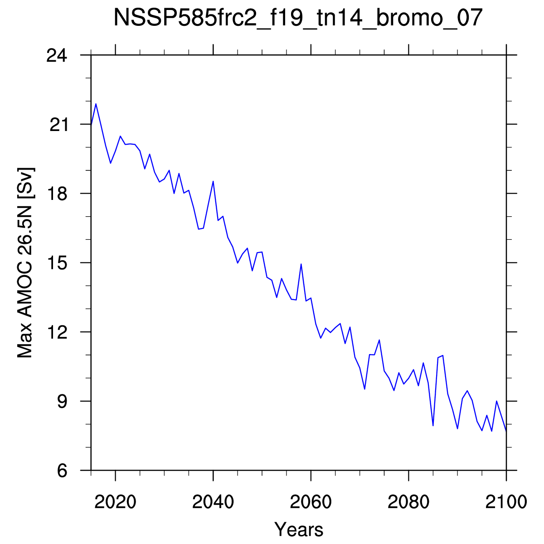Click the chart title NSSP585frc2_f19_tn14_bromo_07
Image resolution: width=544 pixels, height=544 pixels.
[x=298, y=17]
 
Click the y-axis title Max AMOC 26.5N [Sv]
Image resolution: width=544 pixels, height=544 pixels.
[x=25, y=263]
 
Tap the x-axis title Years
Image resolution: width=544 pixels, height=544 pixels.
[x=299, y=529]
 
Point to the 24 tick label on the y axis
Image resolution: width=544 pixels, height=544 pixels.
[x=57, y=55]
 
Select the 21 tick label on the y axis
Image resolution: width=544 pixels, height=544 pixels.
[x=59, y=125]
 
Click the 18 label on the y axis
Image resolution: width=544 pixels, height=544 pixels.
[x=58, y=194]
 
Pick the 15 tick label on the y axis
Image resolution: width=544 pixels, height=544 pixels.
[x=58, y=263]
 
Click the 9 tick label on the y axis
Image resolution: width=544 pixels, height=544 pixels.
[x=63, y=402]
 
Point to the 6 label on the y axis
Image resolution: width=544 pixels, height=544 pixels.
[x=63, y=471]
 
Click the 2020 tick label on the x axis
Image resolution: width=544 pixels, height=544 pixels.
[x=116, y=502]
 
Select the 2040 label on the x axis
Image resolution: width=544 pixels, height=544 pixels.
[x=213, y=502]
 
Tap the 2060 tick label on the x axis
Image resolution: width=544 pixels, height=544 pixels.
[x=311, y=502]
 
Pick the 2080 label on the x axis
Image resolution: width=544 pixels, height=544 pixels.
[x=408, y=502]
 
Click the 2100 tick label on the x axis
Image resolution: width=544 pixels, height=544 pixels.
[x=506, y=502]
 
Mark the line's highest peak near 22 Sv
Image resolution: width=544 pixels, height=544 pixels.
[x=96, y=104]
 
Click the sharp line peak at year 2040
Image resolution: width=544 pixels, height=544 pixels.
[x=213, y=181]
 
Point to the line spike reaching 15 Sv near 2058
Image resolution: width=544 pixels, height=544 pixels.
[x=301, y=264]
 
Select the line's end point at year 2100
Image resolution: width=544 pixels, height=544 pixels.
[x=506, y=431]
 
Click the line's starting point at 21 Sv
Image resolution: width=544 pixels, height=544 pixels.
[x=91, y=125]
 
